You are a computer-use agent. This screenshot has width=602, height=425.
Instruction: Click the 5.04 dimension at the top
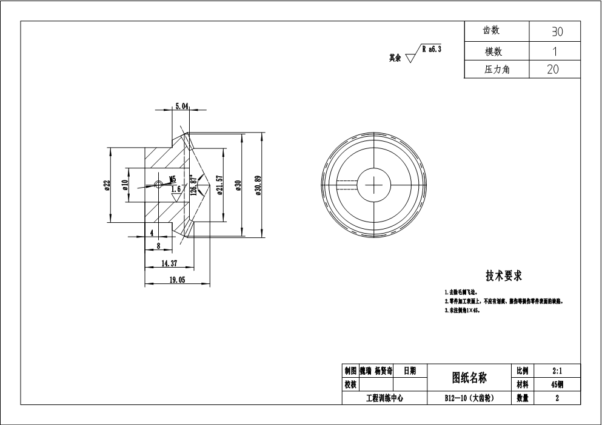181,106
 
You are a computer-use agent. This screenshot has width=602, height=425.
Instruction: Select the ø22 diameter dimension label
107,185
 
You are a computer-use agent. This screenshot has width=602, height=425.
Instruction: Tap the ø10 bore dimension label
125,185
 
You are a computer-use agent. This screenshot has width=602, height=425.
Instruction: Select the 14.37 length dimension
169,263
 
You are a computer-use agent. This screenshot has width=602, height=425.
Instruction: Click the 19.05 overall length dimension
176,280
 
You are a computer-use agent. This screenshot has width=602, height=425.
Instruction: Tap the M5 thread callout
172,179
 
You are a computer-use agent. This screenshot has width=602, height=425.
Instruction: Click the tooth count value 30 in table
555,31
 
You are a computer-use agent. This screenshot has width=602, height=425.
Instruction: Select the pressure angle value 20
553,70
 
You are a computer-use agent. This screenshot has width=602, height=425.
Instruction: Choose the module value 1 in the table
554,51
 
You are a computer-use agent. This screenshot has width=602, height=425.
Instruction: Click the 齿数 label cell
492,30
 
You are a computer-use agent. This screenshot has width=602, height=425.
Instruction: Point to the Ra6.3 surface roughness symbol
424,53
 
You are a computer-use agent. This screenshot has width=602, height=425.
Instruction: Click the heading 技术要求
503,276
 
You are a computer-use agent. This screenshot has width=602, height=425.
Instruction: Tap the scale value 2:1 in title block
556,370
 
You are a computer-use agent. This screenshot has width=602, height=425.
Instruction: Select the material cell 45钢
556,384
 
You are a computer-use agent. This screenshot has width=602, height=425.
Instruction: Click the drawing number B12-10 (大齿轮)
469,398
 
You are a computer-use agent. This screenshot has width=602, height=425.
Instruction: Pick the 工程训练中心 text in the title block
384,398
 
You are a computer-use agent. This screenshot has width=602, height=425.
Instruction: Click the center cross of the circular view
374,181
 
